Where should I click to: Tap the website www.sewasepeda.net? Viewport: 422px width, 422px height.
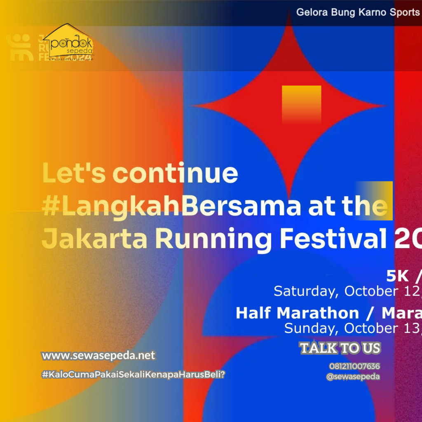[x=98, y=355]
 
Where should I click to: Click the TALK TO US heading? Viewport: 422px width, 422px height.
[x=340, y=348]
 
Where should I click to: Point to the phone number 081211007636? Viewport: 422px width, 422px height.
[x=354, y=366]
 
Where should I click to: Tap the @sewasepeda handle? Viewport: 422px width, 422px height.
[x=353, y=376]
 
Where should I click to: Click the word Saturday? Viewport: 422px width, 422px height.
[x=304, y=291]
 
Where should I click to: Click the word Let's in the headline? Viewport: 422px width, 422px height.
[x=74, y=173]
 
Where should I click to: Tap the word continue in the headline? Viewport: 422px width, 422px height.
[x=175, y=173]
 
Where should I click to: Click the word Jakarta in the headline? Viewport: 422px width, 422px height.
[x=94, y=239]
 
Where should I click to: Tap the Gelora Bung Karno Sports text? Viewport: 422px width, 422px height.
[x=358, y=12]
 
